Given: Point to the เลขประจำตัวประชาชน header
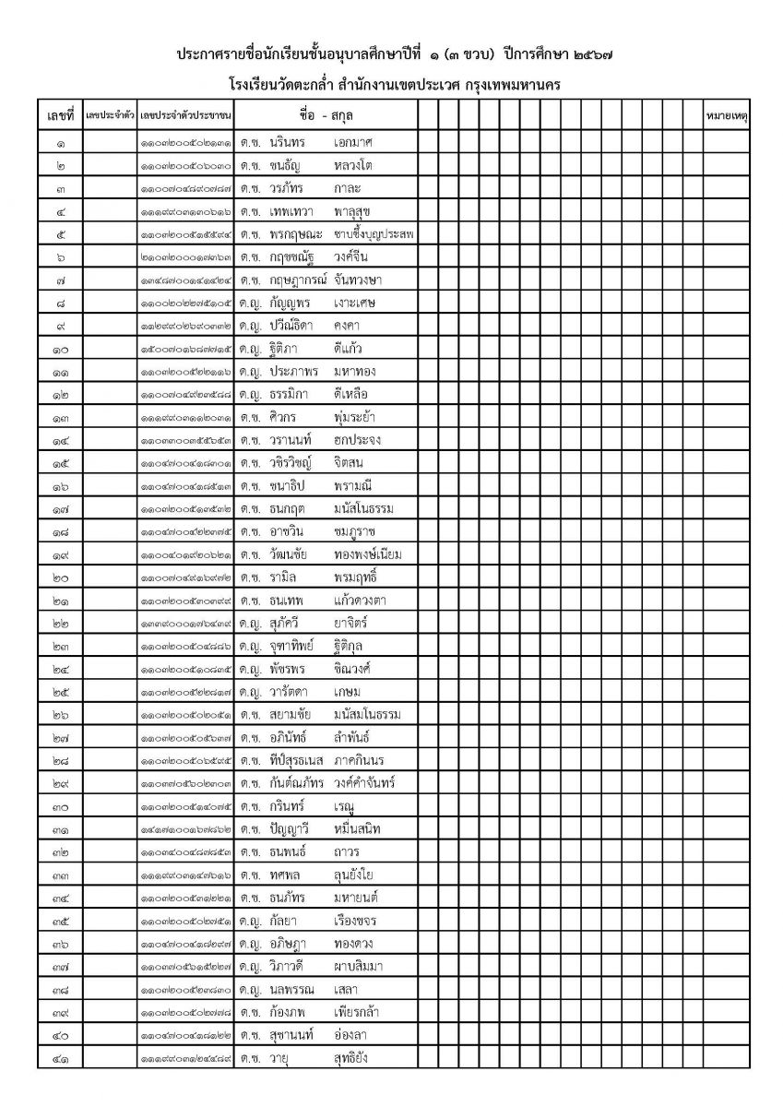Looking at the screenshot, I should click(185, 115).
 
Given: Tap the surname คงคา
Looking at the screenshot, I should click(350, 326).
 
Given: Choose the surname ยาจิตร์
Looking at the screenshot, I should click(353, 623).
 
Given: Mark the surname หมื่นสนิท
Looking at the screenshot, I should click(357, 829).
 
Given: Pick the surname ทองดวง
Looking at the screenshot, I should click(354, 944).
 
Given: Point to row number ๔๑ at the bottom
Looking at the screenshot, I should click(60, 1058).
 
